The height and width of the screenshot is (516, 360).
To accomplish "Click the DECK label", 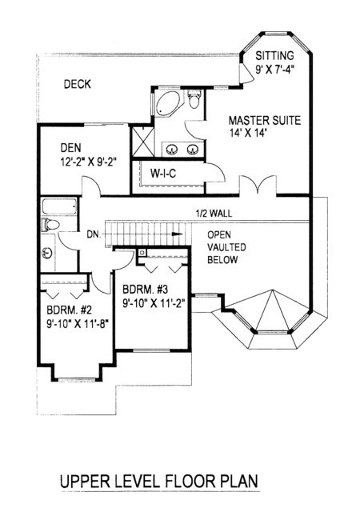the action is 78,84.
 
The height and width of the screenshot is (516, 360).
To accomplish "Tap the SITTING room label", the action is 274,55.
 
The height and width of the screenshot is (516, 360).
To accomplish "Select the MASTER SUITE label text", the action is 265,120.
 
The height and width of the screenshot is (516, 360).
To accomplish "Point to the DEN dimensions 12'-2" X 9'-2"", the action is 89,162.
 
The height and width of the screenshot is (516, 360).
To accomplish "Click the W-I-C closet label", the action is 163,174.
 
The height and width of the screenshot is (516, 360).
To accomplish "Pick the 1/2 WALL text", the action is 214,214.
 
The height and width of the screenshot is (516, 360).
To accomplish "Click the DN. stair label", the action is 93,234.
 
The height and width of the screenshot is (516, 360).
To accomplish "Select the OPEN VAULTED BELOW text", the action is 226,247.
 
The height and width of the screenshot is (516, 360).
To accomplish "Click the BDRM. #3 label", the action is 145,290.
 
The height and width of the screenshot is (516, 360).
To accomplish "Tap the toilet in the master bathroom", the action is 194,98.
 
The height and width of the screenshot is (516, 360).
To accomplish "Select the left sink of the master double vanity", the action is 171,150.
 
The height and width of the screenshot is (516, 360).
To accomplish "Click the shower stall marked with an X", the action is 142,141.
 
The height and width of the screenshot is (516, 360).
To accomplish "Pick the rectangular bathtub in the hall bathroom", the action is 59,206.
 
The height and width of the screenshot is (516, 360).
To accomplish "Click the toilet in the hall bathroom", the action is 50,225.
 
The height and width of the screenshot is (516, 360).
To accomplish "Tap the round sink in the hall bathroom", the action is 47,253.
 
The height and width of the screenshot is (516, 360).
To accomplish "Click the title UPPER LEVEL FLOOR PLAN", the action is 159,481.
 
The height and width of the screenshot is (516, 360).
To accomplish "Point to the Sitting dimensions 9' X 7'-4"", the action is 274,69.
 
